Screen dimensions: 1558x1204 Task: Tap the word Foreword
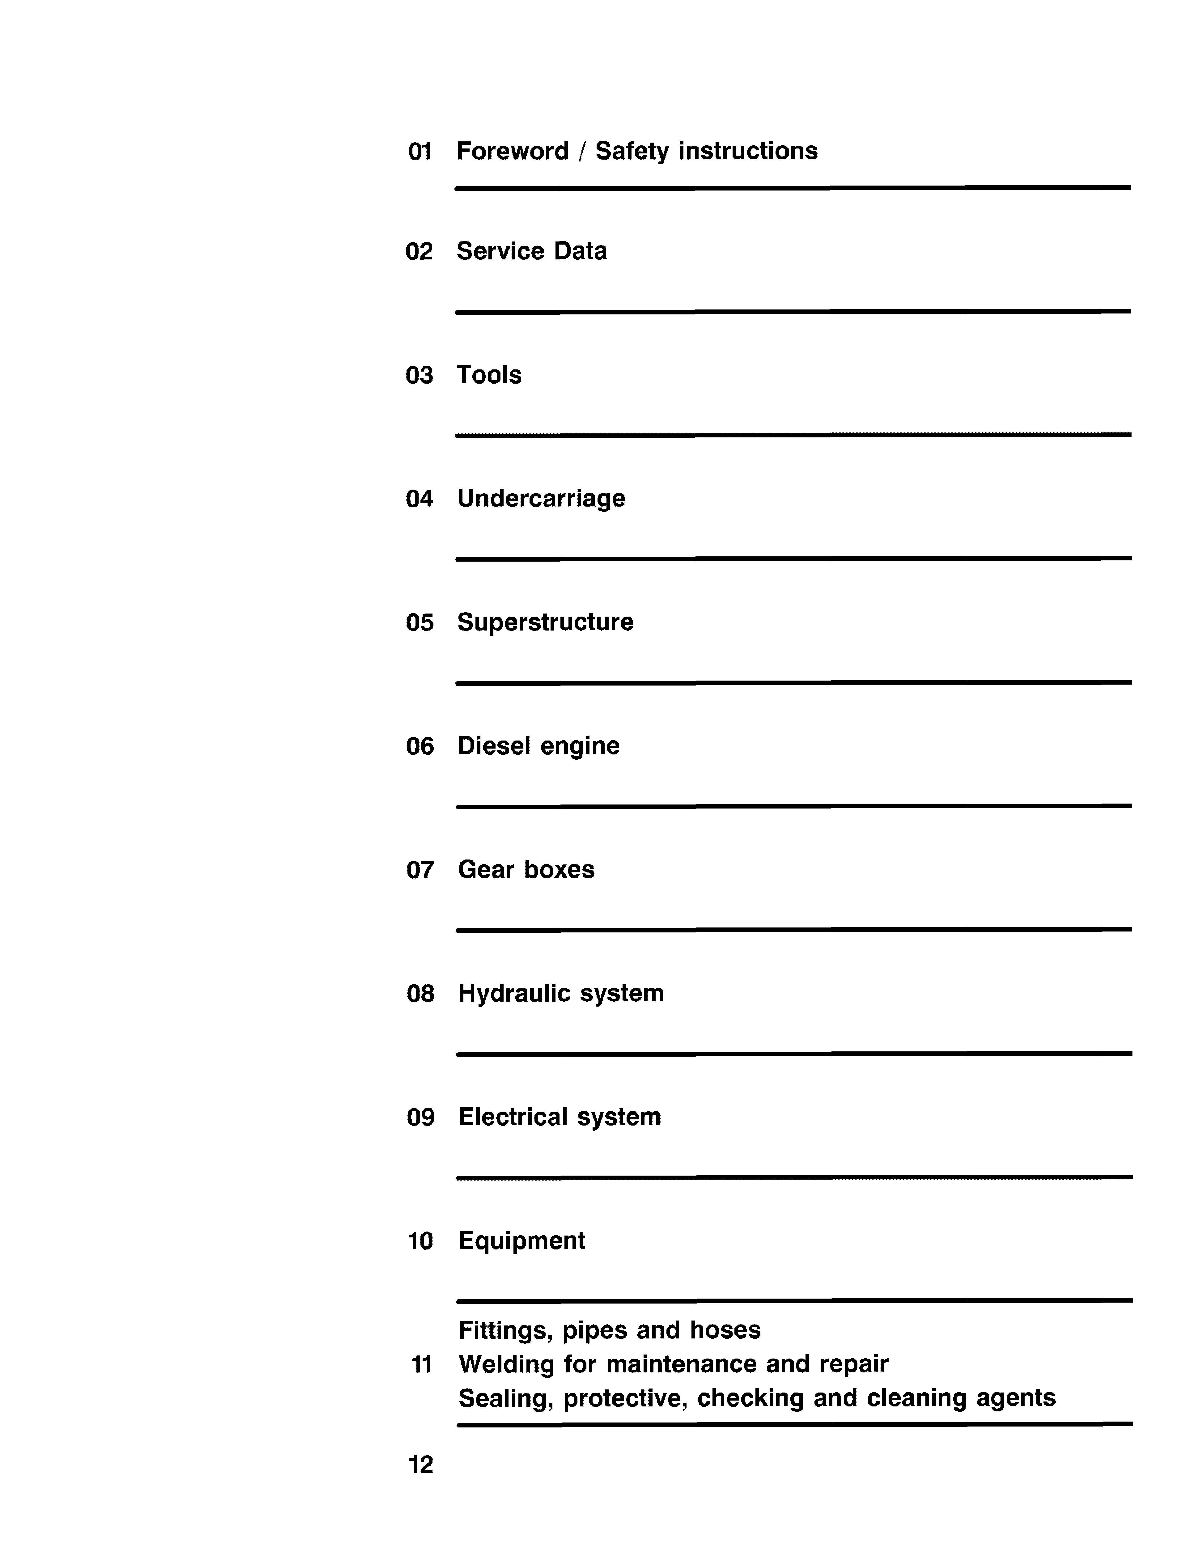click(x=512, y=151)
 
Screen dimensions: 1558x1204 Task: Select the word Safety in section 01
click(x=632, y=151)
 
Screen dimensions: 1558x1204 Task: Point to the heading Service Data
click(x=531, y=251)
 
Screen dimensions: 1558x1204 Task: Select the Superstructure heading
click(x=545, y=622)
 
